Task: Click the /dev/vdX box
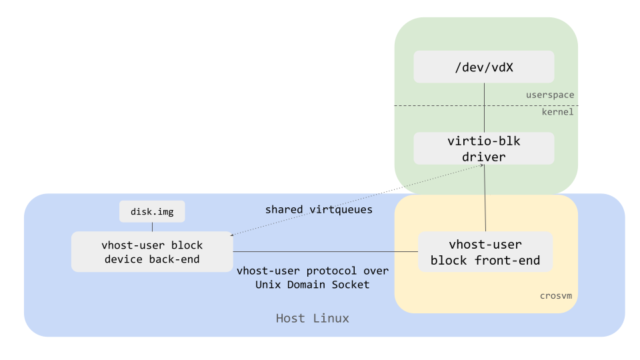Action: point(484,67)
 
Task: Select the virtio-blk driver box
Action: point(484,148)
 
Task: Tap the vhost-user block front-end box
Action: point(485,252)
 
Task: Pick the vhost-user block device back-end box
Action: point(152,252)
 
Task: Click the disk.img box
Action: point(152,212)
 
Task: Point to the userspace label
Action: point(549,95)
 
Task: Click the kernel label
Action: point(557,112)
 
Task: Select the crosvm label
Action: point(557,295)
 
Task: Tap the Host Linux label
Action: point(312,319)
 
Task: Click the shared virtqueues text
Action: point(319,209)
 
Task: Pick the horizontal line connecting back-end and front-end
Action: point(325,252)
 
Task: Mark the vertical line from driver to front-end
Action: point(485,200)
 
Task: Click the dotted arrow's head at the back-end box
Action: point(231,235)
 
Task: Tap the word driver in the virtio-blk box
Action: point(484,157)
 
